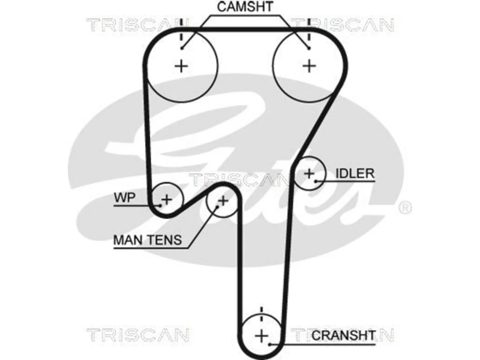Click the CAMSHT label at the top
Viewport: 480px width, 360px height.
click(245, 6)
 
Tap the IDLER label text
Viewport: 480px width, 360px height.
click(355, 174)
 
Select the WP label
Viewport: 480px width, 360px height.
click(124, 198)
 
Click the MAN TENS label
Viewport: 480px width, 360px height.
click(148, 240)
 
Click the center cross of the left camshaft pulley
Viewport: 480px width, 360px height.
click(181, 66)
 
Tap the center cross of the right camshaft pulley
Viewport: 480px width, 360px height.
click(309, 66)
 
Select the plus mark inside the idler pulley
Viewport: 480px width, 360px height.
click(309, 174)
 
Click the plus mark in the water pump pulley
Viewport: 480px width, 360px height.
click(167, 199)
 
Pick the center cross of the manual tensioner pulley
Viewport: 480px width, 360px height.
click(223, 201)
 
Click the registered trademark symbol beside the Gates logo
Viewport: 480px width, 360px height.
click(405, 208)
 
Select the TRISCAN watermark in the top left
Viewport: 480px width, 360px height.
click(137, 24)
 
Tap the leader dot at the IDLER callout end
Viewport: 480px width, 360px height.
click(316, 181)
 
